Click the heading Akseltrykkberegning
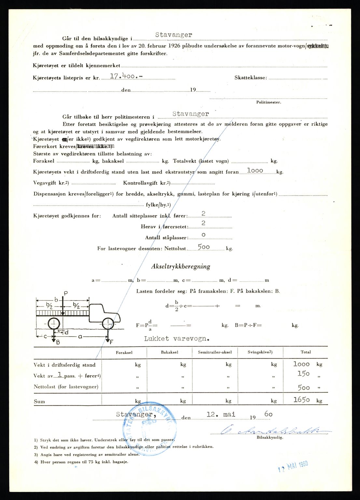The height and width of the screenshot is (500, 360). click(x=181, y=267)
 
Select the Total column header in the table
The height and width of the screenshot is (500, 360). click(x=306, y=352)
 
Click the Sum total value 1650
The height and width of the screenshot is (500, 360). click(x=302, y=400)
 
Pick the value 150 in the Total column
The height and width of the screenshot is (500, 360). click(x=303, y=374)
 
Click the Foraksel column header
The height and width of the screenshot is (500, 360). click(x=124, y=352)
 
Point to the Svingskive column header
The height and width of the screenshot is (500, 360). click(x=260, y=352)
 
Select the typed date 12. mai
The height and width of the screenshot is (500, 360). click(x=221, y=415)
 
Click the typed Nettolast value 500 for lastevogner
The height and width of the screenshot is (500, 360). click(x=204, y=247)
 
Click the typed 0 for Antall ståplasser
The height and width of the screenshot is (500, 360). click(x=203, y=235)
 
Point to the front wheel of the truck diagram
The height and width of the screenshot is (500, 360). click(x=107, y=324)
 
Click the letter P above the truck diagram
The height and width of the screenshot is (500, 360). click(x=66, y=293)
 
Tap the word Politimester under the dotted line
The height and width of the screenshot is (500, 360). click(x=269, y=102)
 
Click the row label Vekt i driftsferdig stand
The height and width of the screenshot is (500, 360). click(x=64, y=365)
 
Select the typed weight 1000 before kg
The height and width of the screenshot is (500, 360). click(x=255, y=171)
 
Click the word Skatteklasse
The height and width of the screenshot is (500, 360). click(x=251, y=78)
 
